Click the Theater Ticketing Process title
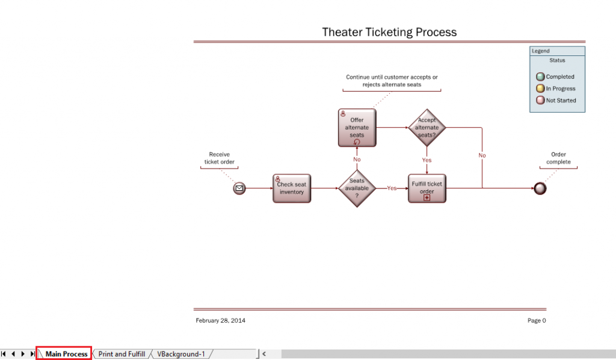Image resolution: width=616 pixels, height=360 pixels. (x=389, y=32)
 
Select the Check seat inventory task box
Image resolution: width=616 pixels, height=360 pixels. (x=292, y=188)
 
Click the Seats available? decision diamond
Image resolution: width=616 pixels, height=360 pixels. (x=357, y=188)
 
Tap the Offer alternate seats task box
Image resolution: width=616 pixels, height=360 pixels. (x=357, y=128)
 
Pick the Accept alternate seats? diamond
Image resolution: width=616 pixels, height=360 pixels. (x=427, y=128)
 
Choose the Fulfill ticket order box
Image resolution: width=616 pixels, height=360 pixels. (x=427, y=188)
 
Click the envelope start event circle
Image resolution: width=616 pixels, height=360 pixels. (x=239, y=188)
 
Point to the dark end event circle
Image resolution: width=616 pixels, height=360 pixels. (x=540, y=188)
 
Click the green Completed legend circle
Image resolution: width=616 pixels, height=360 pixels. (x=540, y=76)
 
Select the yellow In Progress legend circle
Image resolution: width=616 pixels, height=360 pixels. (x=540, y=88)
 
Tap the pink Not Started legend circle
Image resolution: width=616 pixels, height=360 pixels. (x=540, y=101)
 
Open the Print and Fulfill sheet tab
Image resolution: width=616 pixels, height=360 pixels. (x=122, y=354)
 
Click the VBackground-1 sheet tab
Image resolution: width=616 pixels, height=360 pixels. (x=181, y=354)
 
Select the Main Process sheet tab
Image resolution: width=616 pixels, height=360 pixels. (x=66, y=354)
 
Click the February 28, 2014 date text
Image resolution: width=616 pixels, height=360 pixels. (x=220, y=320)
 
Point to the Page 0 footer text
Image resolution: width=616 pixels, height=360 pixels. (x=537, y=320)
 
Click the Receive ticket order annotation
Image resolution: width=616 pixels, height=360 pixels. (x=220, y=158)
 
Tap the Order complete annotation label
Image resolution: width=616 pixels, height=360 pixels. (x=558, y=158)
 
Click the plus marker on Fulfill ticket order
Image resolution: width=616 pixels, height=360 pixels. (x=427, y=197)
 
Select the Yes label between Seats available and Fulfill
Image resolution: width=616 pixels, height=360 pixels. (x=392, y=188)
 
